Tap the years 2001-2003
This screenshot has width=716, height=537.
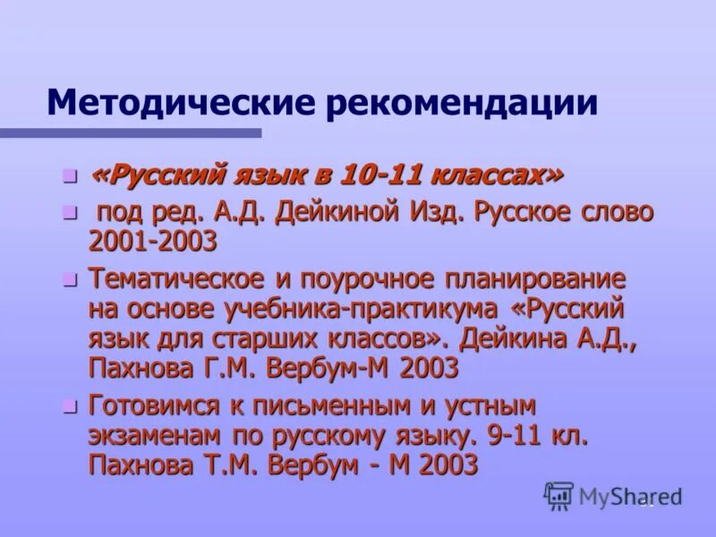click(x=152, y=241)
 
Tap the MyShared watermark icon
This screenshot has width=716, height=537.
click(x=559, y=495)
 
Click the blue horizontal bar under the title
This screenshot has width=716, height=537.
click(x=131, y=132)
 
